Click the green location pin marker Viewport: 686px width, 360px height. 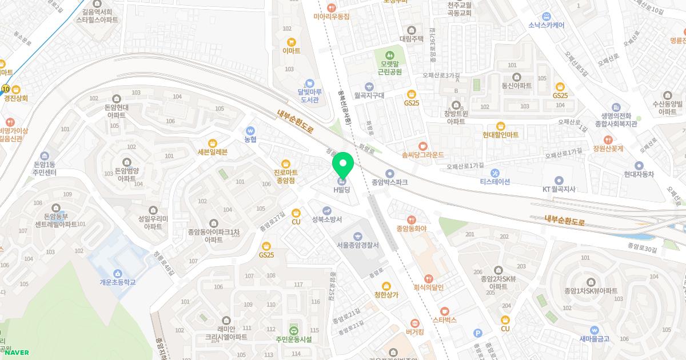(x=343, y=165)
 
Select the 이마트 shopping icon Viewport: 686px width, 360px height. (x=292, y=42)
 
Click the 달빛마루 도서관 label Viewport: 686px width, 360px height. (x=309, y=95)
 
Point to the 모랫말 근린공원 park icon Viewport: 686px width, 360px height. (x=390, y=55)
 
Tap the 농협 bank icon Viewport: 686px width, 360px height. (x=250, y=130)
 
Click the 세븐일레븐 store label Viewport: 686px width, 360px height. (x=212, y=152)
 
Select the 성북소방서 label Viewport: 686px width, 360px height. (x=327, y=219)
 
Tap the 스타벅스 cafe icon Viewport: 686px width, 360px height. (x=445, y=311)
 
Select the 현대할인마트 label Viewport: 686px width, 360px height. (x=500, y=135)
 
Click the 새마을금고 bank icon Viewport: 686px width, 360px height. (x=595, y=330)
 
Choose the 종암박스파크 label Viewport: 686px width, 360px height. (x=390, y=183)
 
